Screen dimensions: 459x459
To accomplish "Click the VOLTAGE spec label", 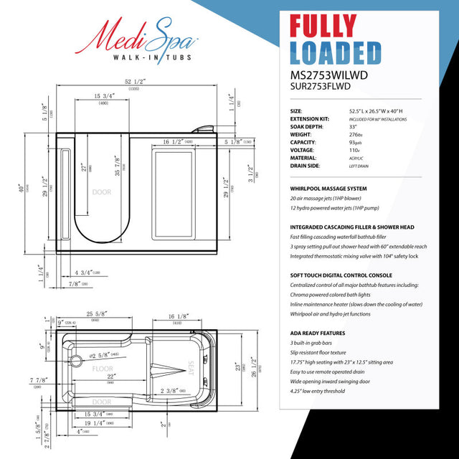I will [x=304, y=150].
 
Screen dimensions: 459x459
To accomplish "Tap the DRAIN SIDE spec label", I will [x=306, y=166].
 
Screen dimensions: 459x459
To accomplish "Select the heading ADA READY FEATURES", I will [x=318, y=333].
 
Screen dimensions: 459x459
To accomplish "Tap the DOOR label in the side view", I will [x=101, y=192].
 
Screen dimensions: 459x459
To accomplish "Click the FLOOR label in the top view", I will [x=103, y=369].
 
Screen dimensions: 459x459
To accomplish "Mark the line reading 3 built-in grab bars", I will [x=313, y=345].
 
